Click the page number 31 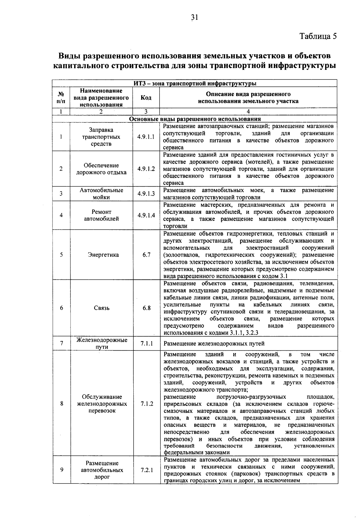195,18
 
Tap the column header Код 146,98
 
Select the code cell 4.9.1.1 146,137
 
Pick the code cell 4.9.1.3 146,194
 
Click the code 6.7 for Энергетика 146,255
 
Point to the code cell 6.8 146,308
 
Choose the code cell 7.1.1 147,343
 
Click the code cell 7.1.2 147,404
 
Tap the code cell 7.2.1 147,470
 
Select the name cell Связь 102,308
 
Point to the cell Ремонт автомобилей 102,215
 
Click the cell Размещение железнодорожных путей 214,344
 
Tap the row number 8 62,404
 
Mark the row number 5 61,255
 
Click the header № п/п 61,98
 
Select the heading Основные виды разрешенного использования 195,119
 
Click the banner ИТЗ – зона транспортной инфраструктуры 195,83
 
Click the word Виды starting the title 68,56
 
